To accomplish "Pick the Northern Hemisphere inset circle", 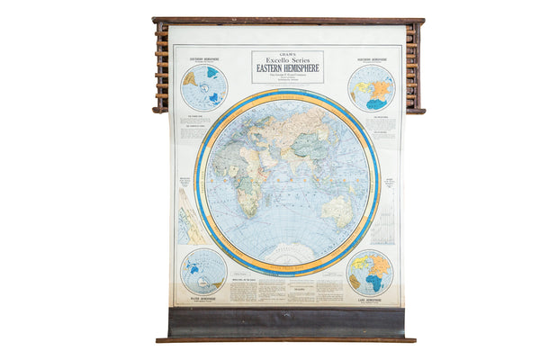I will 371,88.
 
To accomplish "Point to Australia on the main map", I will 337,210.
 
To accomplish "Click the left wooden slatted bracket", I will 161,67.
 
